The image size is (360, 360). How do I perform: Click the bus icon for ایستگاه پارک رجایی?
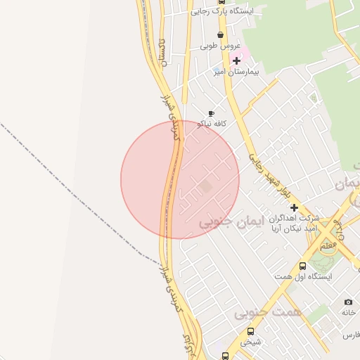222,2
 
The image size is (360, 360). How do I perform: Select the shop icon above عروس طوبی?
220,34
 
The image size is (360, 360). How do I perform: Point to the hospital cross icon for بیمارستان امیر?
236,60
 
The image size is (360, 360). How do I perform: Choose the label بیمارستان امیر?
237,72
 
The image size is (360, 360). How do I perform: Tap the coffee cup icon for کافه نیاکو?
211,113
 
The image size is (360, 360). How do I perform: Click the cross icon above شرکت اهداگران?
294,207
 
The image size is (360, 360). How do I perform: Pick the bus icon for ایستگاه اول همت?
302,266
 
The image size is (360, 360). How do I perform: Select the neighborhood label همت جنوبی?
278,311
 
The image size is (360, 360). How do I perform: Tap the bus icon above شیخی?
250,331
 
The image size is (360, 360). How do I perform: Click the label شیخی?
251,342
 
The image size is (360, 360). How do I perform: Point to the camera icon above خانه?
348,302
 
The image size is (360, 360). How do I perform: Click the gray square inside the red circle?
205,186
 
